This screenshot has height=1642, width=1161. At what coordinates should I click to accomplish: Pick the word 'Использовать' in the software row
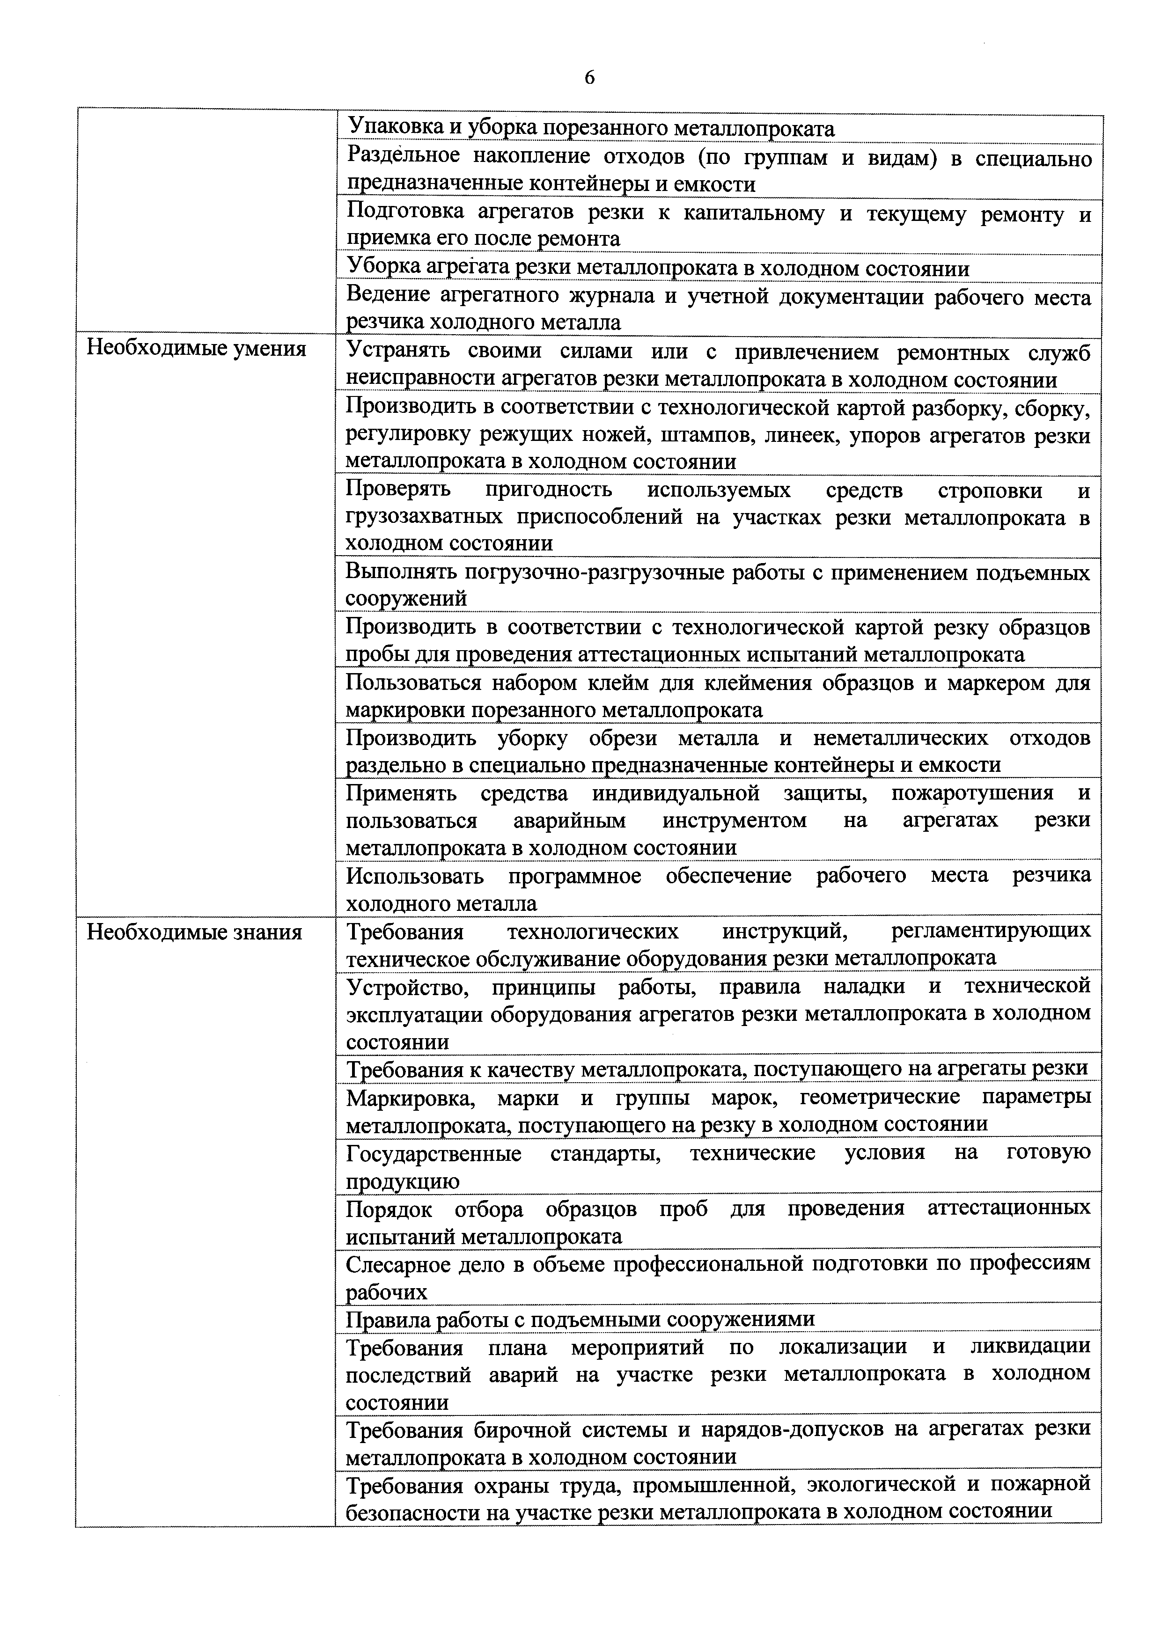tap(414, 876)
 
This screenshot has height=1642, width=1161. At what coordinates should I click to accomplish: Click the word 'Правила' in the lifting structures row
tap(386, 1319)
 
